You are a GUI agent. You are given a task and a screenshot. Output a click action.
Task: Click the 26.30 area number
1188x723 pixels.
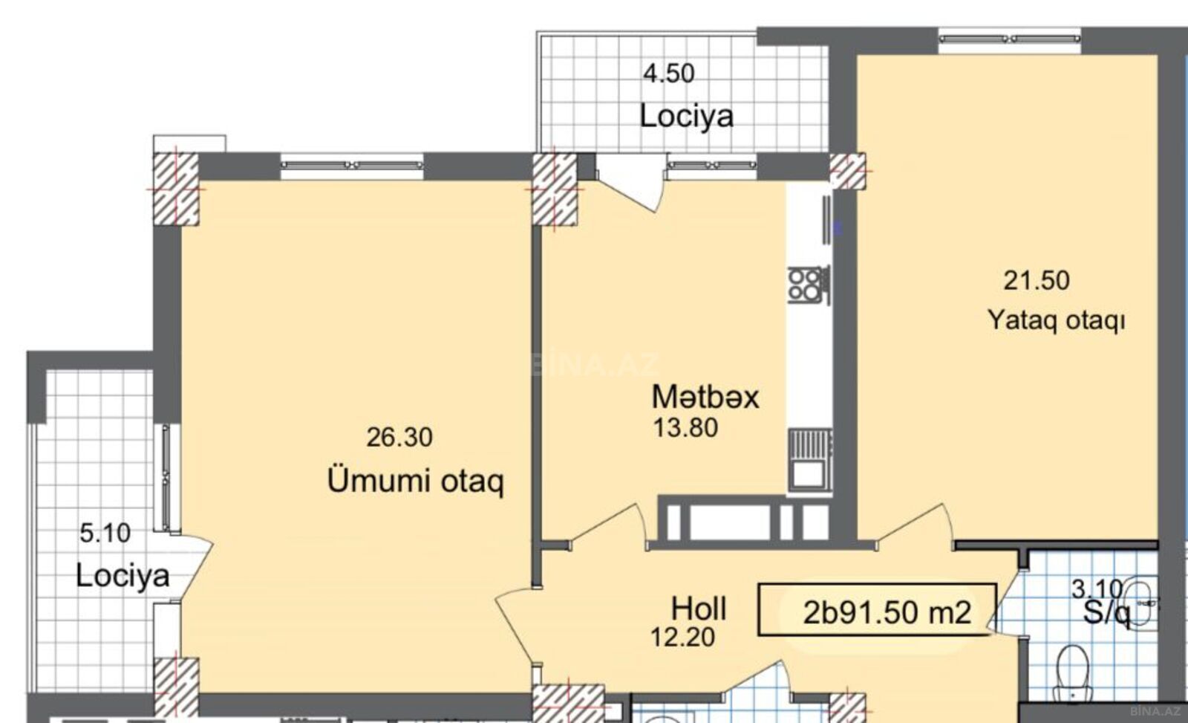point(399,438)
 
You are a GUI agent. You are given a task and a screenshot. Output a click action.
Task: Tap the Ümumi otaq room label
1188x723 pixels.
point(415,482)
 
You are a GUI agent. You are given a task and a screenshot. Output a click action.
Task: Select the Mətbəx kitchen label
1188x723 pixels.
point(705,397)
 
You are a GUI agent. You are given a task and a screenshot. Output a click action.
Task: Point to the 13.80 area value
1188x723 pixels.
point(686,428)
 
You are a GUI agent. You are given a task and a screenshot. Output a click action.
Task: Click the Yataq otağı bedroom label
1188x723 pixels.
point(1056,320)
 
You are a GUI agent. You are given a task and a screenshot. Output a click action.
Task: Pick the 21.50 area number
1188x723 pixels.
point(1037,281)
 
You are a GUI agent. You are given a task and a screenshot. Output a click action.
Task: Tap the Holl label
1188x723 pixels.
point(699,609)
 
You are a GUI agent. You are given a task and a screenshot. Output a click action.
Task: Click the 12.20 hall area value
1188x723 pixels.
point(682,638)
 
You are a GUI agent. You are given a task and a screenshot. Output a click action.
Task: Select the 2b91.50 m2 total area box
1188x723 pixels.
point(877,610)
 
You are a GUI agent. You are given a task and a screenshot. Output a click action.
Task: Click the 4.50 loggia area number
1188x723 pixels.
point(669,74)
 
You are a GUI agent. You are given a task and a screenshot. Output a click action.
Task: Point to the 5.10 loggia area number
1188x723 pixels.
point(105,533)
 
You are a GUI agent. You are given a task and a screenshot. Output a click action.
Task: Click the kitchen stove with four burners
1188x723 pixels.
point(809,285)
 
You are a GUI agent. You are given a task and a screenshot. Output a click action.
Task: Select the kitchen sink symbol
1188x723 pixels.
point(809,460)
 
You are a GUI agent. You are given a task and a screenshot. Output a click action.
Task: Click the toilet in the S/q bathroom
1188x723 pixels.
point(1073,672)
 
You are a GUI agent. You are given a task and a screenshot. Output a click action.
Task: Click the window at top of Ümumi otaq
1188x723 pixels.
point(352,165)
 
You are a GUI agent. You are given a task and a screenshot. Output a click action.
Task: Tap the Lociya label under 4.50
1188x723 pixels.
point(686,116)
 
